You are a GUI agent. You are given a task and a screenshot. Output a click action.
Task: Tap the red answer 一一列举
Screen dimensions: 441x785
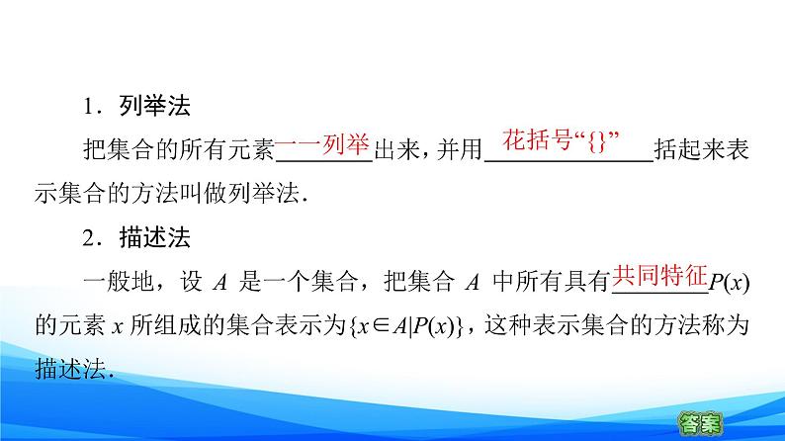click(x=321, y=145)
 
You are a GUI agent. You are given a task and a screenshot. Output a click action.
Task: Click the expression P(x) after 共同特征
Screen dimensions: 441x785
click(x=731, y=283)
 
